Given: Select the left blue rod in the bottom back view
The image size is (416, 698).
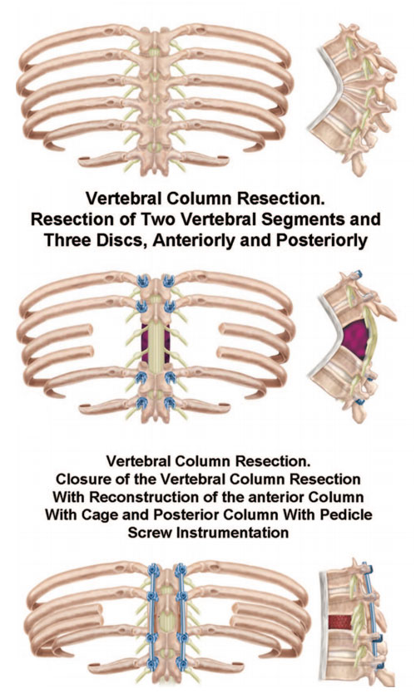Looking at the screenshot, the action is pyautogui.click(x=152, y=618).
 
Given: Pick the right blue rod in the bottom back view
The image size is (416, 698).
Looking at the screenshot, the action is pyautogui.click(x=181, y=618).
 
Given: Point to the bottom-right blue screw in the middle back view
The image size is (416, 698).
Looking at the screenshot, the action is pyautogui.click(x=170, y=403).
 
